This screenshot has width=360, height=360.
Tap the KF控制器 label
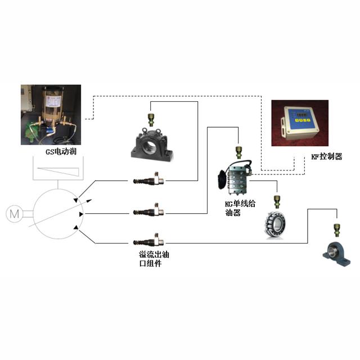point(327,156)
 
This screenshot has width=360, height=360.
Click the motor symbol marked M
point(12,213)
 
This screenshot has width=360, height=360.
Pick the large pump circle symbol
point(56,214)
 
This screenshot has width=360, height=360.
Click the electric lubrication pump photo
point(51,115)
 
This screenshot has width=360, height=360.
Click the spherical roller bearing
point(276,223)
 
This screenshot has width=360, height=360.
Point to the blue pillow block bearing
point(336,251)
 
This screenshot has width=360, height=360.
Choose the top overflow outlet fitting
point(147,181)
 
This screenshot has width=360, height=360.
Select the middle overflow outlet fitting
point(147,211)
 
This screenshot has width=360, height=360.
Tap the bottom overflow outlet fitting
point(147,242)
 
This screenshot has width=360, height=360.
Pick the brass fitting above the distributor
point(239,149)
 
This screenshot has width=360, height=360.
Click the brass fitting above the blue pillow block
point(336,227)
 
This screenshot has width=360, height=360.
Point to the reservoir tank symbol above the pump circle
point(56,171)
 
